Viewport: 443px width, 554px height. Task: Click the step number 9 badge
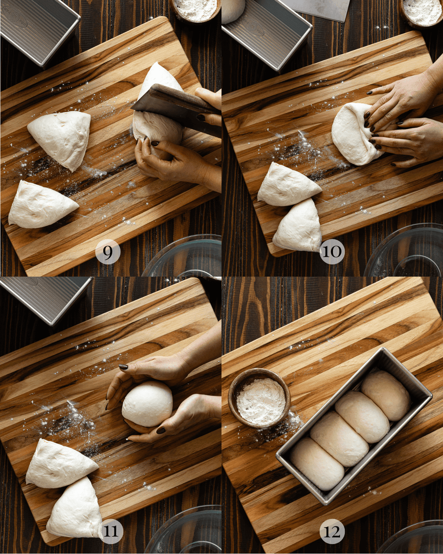point(108,253)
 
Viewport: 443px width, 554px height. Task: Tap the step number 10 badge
point(332,252)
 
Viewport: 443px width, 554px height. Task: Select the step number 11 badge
point(111,531)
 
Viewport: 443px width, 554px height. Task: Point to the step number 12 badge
point(332,531)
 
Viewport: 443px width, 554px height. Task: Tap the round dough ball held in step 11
point(147,404)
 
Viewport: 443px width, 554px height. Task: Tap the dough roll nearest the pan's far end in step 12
point(386,395)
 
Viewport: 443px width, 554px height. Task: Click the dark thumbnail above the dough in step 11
point(123,367)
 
